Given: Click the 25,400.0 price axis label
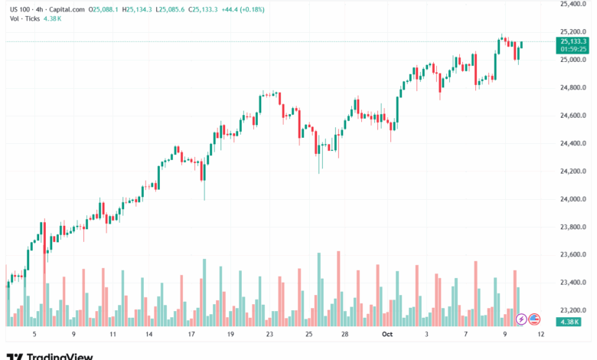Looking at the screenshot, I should (573, 4).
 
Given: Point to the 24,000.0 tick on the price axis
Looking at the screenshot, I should (573, 199).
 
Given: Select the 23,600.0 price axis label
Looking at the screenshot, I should (573, 255).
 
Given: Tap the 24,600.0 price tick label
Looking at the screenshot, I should (573, 116).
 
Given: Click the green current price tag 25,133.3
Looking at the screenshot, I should (573, 41).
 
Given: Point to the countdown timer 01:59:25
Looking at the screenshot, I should (573, 49).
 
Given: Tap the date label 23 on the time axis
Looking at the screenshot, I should (269, 335).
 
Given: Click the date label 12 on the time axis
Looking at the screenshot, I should (540, 335).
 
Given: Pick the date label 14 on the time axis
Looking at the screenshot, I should (148, 335).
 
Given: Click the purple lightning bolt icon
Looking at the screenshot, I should (521, 319).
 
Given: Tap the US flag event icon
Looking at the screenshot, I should (534, 319).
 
